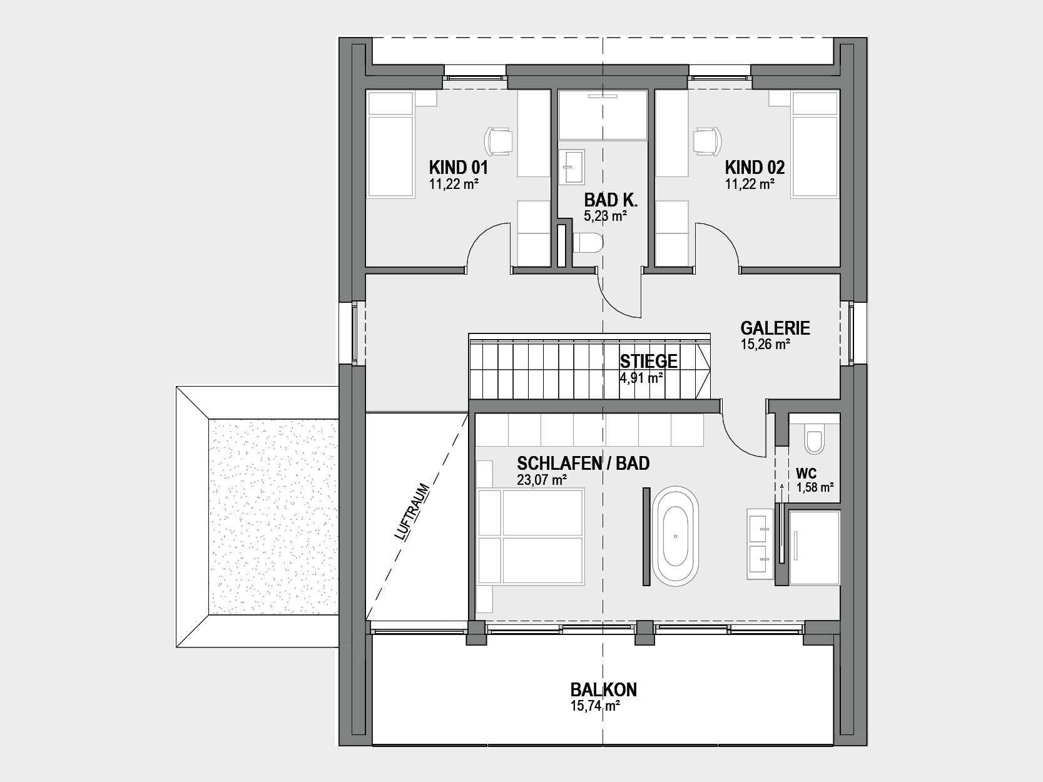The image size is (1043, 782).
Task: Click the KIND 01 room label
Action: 458,168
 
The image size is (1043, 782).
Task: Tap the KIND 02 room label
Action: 755,168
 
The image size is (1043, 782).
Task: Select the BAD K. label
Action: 611,200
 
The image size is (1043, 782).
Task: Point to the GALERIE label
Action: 775,328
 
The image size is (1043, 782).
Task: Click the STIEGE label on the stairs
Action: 649,362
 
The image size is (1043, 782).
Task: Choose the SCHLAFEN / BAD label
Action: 583,463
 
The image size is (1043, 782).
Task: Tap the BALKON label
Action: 604,690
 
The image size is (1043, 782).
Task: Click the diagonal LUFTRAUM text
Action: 412,512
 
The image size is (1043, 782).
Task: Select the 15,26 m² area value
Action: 765,345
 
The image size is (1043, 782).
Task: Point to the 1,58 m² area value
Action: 815,487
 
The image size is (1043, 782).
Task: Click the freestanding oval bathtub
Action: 675,536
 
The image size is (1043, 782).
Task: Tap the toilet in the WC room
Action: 815,439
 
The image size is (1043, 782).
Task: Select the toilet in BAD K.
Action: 588,243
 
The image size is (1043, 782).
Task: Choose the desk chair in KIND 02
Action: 708,141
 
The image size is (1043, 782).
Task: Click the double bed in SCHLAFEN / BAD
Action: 531,537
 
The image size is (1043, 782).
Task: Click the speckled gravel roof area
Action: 273,517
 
